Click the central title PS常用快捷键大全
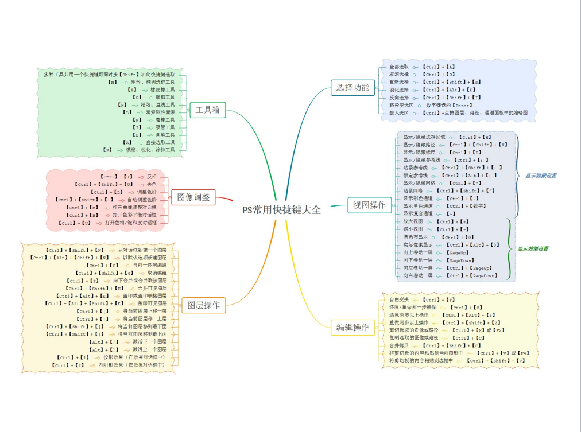point(281,210)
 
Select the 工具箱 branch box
point(207,110)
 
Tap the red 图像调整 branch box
point(193,197)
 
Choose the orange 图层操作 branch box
point(203,305)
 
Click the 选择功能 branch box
point(353,88)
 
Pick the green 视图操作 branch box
point(369,205)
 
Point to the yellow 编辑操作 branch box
point(353,328)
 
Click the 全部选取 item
point(399,67)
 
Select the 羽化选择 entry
point(399,90)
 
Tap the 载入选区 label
point(399,113)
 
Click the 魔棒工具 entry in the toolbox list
point(169,120)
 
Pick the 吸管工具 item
point(169,127)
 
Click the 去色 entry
point(152,185)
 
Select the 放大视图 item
point(413,221)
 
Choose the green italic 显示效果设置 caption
point(532,249)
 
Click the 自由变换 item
point(399,300)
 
